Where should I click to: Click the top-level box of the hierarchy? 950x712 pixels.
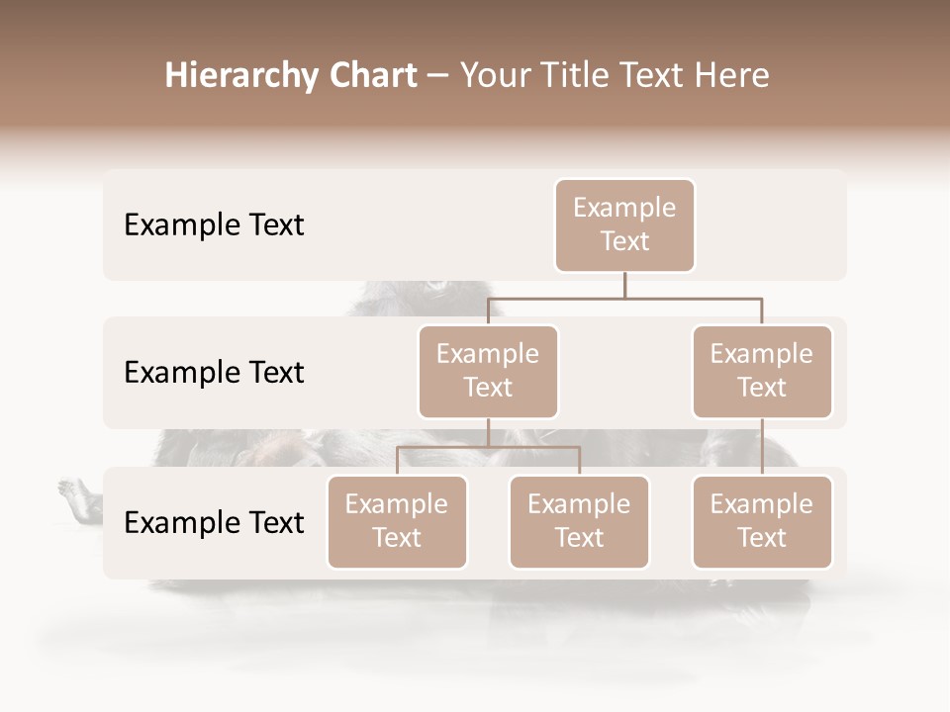pos(624,224)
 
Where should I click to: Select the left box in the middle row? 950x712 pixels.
pos(488,371)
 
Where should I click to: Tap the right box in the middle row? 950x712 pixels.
pos(762,371)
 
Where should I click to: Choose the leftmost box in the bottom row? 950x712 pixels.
pos(397,521)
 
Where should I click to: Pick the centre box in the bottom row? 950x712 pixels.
pos(579,521)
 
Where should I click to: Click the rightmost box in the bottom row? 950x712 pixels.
pos(762,521)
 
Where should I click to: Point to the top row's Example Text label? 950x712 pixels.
pos(214,225)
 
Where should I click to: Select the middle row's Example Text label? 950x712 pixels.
pos(214,373)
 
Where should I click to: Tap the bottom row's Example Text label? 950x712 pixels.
pos(214,522)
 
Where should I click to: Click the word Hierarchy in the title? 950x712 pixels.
pos(241,76)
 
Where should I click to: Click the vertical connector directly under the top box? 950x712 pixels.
pos(624,285)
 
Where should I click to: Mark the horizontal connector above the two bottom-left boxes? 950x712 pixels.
pos(488,447)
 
